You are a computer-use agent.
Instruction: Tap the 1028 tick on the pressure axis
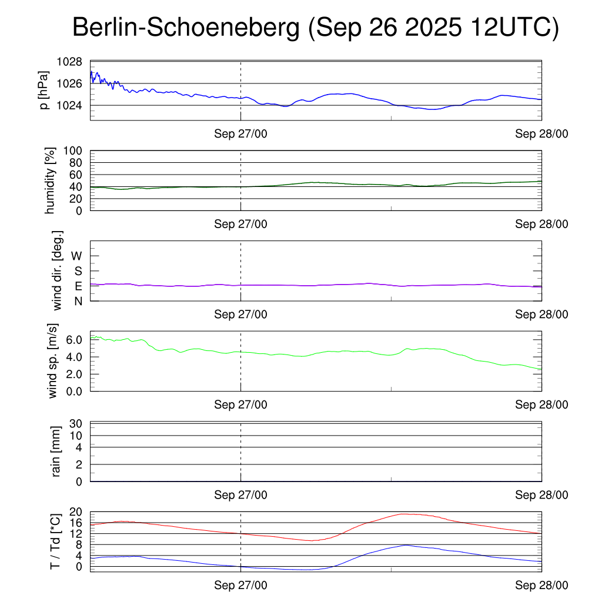tap(69, 61)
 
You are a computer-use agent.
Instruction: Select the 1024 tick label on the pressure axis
tap(69, 106)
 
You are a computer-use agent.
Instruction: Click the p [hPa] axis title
tap(45, 91)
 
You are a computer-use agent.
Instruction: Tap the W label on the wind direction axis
tap(77, 256)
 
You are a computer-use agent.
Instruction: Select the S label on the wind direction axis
tap(78, 271)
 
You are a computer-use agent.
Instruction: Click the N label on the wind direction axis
tap(78, 301)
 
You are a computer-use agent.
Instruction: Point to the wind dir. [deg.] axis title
tap(58, 271)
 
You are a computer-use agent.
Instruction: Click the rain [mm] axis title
tap(56, 452)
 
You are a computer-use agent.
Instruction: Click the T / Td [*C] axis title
tap(55, 541)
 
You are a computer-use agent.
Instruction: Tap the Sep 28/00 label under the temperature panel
tap(541, 585)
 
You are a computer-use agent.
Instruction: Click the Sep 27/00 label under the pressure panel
tap(240, 134)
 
